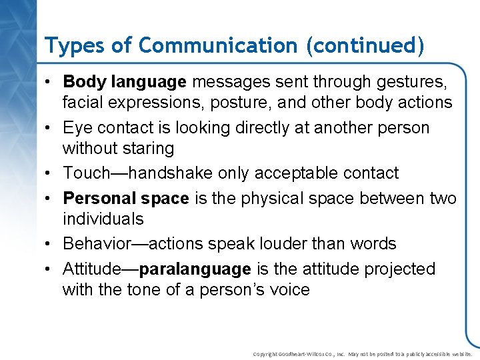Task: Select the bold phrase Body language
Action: (125, 82)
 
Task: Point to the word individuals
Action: (103, 219)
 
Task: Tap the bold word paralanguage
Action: (195, 269)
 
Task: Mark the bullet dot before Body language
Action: (50, 83)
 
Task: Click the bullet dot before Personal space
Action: (50, 199)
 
